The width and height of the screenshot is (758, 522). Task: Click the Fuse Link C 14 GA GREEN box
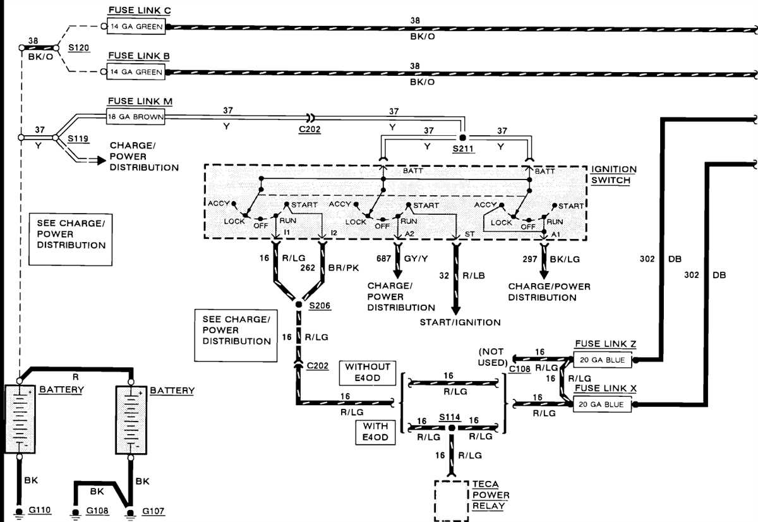tap(136, 27)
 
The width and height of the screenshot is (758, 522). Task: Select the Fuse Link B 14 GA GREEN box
tap(136, 71)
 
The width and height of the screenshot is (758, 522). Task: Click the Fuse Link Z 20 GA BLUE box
tap(601, 360)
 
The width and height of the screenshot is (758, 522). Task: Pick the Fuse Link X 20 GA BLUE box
tap(601, 404)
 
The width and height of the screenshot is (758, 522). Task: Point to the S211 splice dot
tap(462, 137)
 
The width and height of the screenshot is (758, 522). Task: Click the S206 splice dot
tap(299, 305)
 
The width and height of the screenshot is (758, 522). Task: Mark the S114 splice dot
tap(452, 428)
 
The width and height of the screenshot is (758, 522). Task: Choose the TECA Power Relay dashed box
tap(452, 501)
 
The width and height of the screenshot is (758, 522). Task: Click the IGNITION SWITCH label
tap(613, 174)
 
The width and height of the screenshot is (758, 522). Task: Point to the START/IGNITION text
tap(460, 322)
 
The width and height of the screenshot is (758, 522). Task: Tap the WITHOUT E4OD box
tap(367, 372)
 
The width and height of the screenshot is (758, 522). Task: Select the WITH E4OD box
tap(375, 432)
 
